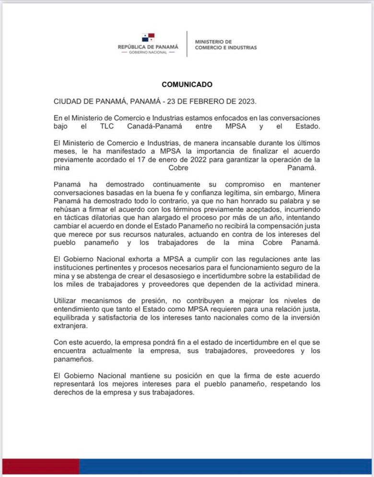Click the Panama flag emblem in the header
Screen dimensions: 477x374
tap(148, 37)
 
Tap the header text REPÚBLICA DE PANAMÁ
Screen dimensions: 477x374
tap(148, 47)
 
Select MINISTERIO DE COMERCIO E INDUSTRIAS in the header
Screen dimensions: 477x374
tap(226, 45)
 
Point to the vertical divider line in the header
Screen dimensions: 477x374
tap(187, 44)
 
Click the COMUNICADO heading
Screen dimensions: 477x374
tap(187, 84)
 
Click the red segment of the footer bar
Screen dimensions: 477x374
tap(40, 467)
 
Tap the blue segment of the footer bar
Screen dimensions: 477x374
tap(225, 467)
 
